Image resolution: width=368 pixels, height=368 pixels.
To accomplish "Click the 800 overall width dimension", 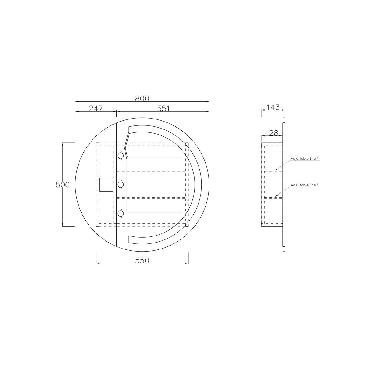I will point(142,98).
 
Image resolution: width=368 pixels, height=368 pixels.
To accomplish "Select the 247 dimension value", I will point(96,108).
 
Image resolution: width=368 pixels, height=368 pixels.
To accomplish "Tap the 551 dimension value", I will point(163,108).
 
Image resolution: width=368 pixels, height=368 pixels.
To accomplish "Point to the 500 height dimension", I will point(63,185).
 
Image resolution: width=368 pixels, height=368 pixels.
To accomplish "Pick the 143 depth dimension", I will point(273,107).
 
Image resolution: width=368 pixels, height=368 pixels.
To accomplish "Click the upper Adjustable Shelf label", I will point(304,159).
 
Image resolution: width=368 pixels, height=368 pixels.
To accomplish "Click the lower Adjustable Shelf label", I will point(304,185).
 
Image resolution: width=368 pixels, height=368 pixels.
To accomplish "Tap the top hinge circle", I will point(121,156).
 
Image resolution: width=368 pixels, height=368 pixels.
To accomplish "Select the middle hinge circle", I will point(121,184).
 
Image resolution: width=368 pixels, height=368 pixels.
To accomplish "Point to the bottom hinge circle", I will point(121,214).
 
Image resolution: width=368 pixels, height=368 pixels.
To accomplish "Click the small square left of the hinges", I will point(106,184).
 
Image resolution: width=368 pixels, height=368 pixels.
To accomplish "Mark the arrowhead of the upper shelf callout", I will point(275,170).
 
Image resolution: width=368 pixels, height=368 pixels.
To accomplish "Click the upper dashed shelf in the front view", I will point(152,171).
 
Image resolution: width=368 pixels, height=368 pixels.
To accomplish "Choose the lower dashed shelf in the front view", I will point(152,198).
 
